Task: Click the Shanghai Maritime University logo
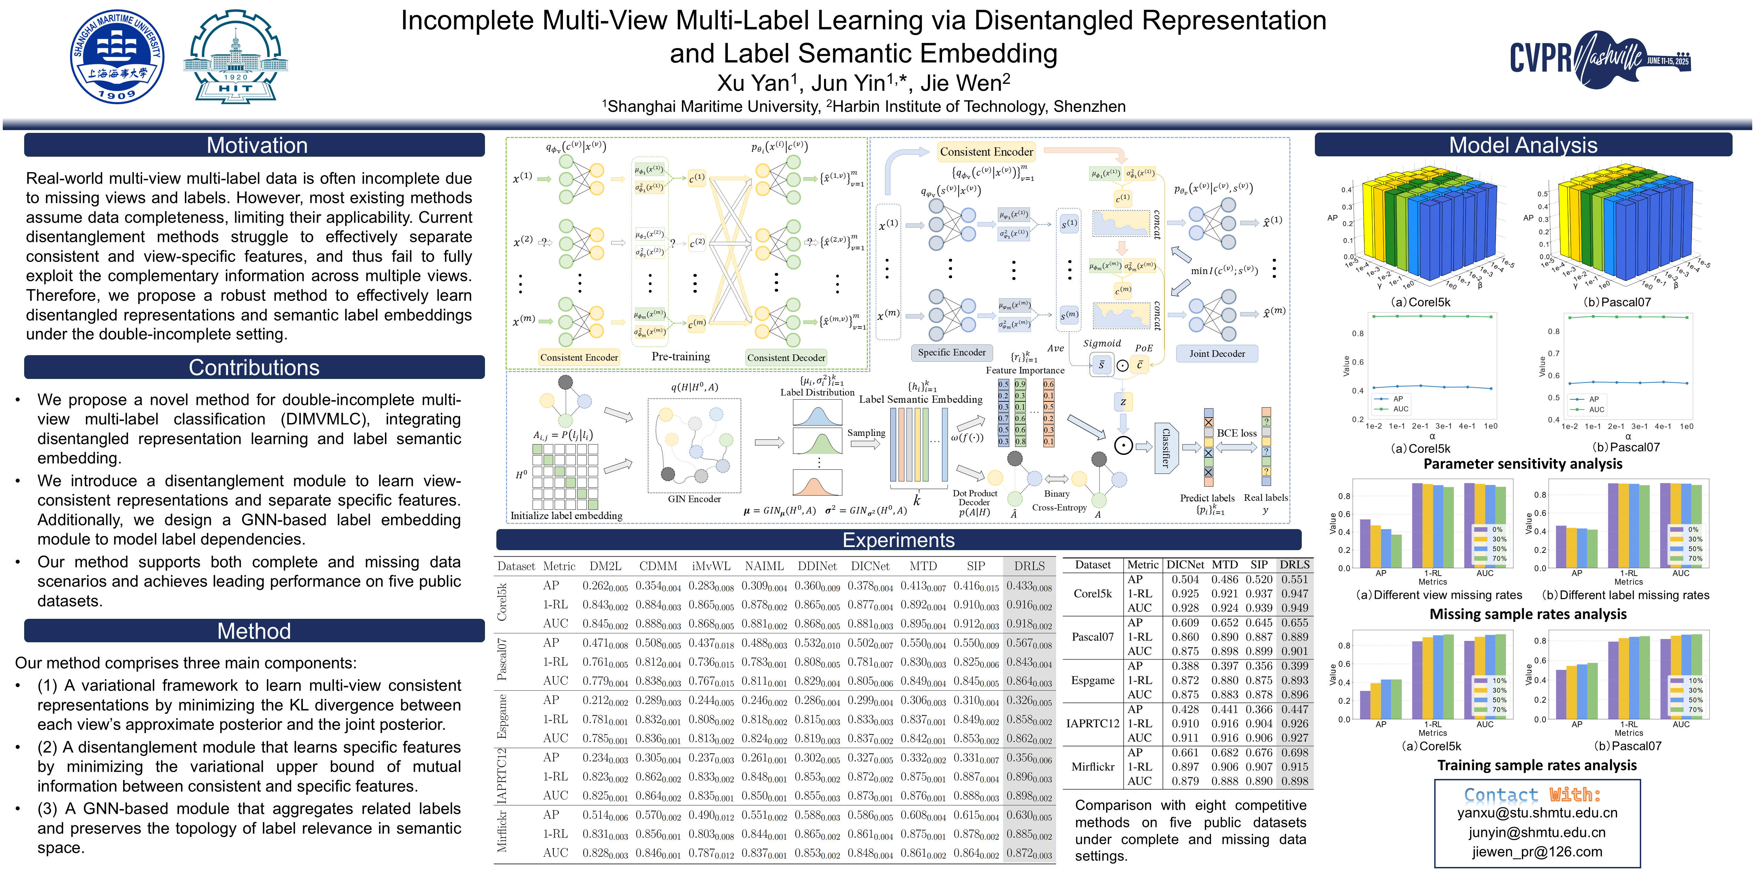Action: click(x=117, y=57)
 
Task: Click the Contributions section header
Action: click(x=254, y=368)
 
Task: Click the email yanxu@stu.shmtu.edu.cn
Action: click(x=1537, y=812)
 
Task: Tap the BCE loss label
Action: click(x=1237, y=433)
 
